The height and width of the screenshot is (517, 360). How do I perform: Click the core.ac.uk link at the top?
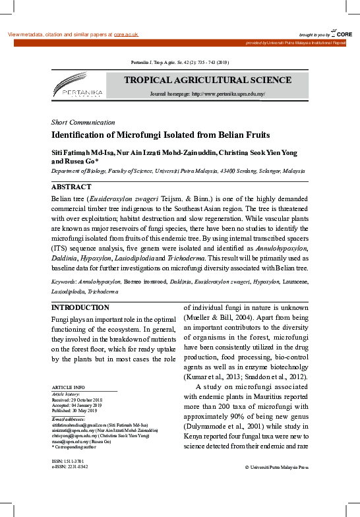point(126,34)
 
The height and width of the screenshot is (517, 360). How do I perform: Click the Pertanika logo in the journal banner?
point(76,86)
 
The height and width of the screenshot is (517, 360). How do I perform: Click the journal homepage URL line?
point(208,94)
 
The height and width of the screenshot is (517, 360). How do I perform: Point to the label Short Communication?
point(83,123)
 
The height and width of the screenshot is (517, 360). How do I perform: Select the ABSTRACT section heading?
point(71,187)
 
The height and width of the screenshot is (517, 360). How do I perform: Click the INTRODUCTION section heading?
point(80,308)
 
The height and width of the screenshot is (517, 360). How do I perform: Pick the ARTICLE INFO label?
point(68,386)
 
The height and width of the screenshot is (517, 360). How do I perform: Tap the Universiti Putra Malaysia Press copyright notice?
point(276,467)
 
